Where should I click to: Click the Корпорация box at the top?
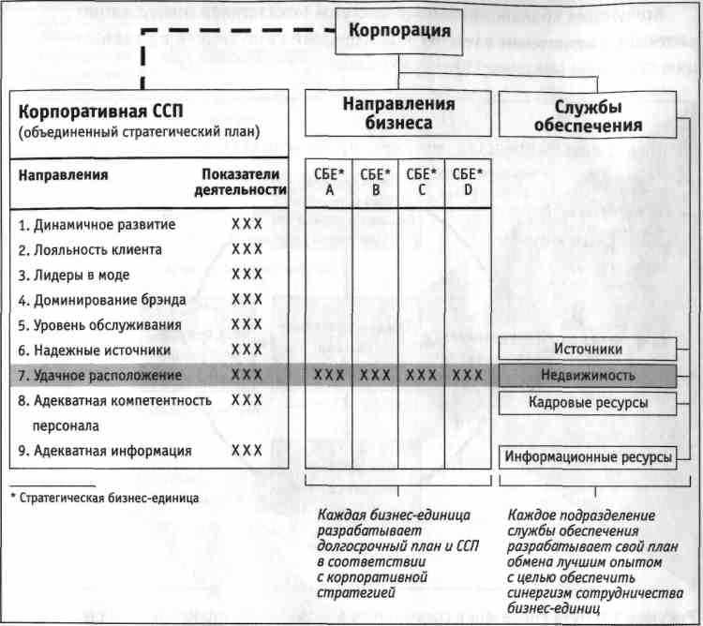(x=399, y=31)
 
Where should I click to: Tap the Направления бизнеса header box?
(x=398, y=113)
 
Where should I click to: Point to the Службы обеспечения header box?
(x=588, y=116)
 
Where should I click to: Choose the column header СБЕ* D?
(x=467, y=182)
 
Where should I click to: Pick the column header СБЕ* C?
(x=421, y=182)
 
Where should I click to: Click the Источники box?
(x=588, y=350)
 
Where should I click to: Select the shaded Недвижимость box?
(x=588, y=376)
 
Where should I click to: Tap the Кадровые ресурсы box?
(x=588, y=403)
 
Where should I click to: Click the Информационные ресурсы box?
(x=588, y=457)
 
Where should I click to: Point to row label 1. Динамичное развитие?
(x=97, y=225)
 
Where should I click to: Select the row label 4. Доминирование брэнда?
(x=102, y=300)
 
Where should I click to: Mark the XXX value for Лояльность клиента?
(x=247, y=249)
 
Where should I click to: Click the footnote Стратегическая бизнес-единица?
(x=106, y=497)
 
